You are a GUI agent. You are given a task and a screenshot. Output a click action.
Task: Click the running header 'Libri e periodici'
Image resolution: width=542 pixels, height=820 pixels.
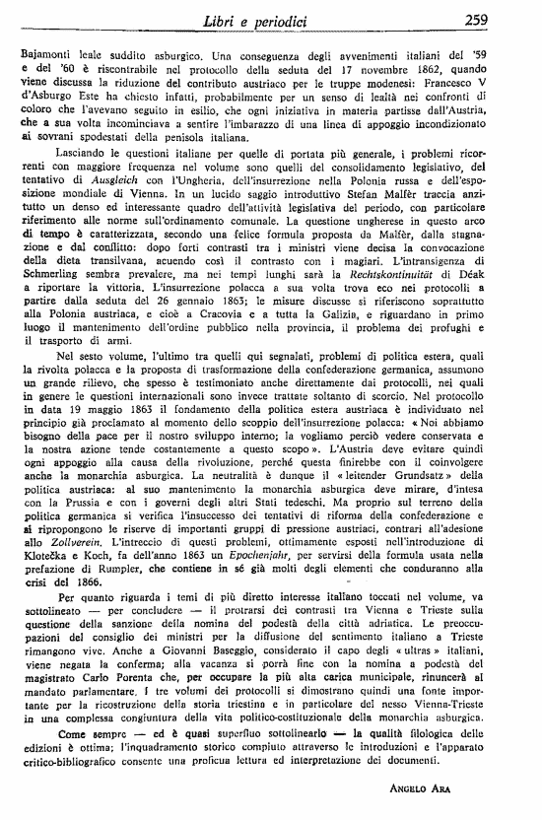tap(268, 20)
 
